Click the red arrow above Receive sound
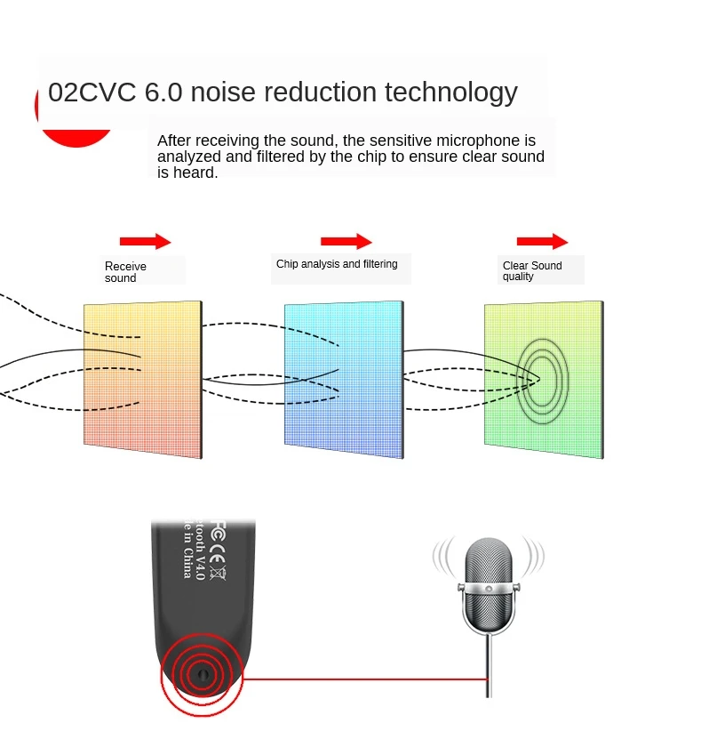tap(145, 241)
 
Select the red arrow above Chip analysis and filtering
tap(346, 241)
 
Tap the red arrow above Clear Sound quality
tap(542, 241)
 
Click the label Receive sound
tap(125, 272)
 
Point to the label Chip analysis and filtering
tap(337, 264)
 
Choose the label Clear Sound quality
tap(531, 270)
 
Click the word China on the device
tap(187, 563)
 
